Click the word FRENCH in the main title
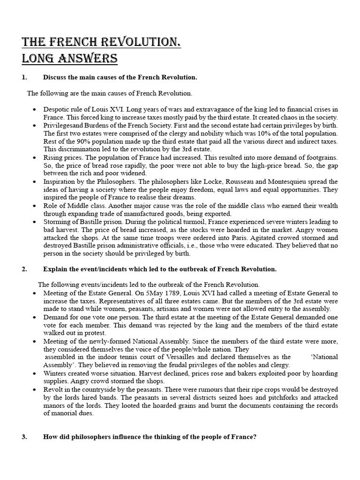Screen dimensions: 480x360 pos(69,43)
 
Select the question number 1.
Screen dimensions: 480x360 pos(24,77)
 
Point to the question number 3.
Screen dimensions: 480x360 pos(24,437)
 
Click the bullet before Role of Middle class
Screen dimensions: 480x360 pos(35,205)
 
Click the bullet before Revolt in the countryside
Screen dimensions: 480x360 pos(35,390)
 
